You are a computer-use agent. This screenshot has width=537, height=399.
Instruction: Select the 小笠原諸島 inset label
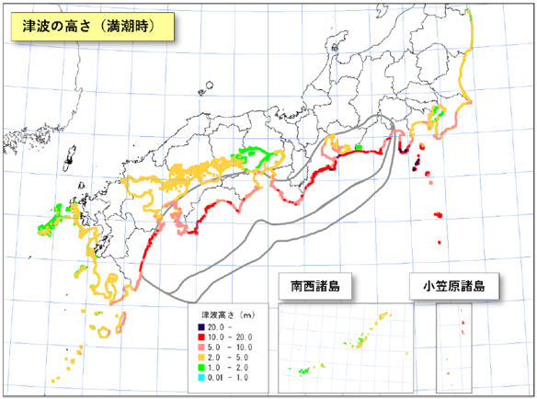[x=461, y=287]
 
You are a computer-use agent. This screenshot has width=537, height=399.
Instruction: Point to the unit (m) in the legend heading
[x=248, y=314]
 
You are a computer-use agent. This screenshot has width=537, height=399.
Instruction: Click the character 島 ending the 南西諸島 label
[x=336, y=287]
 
